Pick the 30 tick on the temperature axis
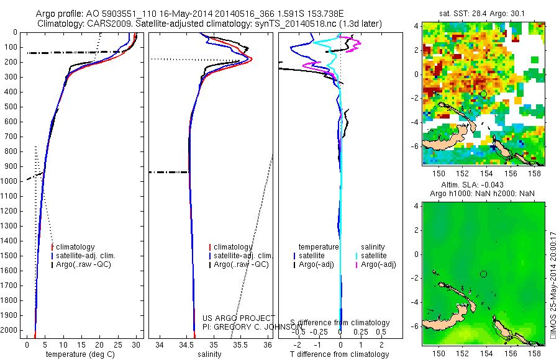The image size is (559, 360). [136, 344]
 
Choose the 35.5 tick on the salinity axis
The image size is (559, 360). [240, 344]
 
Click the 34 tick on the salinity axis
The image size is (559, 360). [160, 344]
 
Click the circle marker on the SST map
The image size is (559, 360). [483, 93]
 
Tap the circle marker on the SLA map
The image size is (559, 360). [483, 274]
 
